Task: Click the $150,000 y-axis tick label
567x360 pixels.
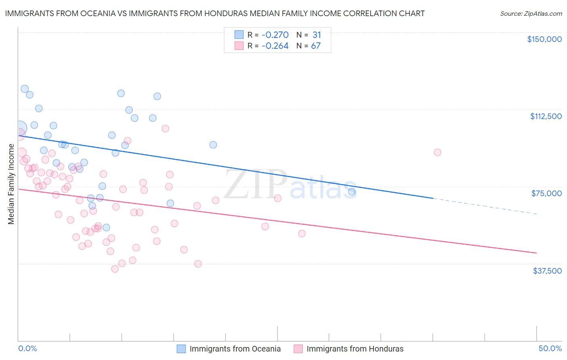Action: [544, 39]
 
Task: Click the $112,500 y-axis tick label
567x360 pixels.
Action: [546, 116]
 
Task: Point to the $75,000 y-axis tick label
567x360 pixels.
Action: [546, 193]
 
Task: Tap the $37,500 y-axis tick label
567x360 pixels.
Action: [547, 271]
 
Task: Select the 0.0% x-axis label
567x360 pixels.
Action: [27, 348]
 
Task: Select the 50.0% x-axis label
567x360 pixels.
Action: [550, 348]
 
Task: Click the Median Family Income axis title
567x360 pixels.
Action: [11, 184]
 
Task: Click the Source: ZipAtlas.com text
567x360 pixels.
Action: [531, 14]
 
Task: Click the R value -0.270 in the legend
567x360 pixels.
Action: [275, 35]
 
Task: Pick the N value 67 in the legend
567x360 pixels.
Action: [316, 46]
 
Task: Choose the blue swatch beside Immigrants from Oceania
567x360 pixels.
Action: [181, 349]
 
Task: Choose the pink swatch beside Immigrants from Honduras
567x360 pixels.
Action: [298, 349]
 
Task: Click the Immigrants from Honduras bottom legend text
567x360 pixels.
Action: [355, 349]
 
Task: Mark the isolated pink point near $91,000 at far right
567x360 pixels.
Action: [438, 153]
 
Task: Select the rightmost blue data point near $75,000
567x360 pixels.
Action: [352, 192]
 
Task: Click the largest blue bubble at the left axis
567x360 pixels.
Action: [19, 128]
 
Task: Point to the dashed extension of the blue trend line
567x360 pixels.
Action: [484, 206]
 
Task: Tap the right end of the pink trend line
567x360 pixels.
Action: [536, 253]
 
